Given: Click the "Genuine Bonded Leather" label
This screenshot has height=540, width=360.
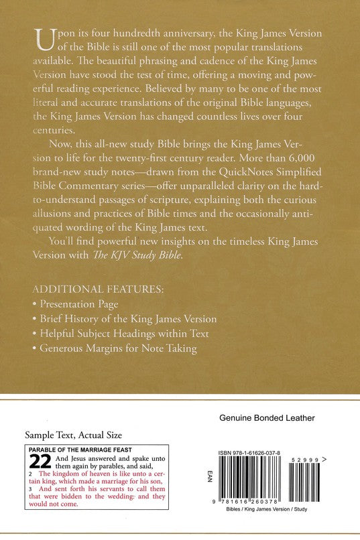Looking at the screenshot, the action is tap(267, 418).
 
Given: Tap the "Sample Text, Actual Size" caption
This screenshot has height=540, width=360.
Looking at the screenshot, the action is tap(68, 435).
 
